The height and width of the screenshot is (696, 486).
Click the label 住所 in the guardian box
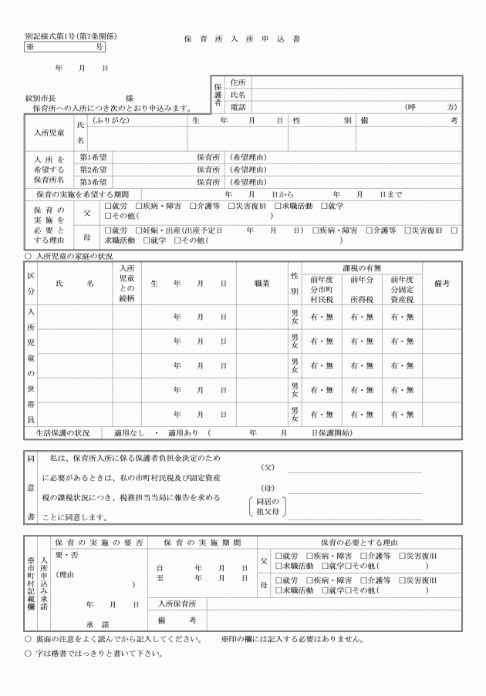coord(238,82)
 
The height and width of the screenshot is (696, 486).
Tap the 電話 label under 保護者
coord(238,106)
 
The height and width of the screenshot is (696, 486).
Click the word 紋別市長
coord(40,98)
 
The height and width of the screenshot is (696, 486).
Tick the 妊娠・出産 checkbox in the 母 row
coord(137,230)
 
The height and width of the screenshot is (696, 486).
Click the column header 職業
coord(262,284)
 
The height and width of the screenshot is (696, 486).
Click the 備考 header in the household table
coord(442,284)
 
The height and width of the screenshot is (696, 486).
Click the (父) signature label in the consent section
coord(268,466)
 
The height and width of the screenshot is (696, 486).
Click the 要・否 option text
coord(66,556)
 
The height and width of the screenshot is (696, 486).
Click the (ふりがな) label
coord(110,121)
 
